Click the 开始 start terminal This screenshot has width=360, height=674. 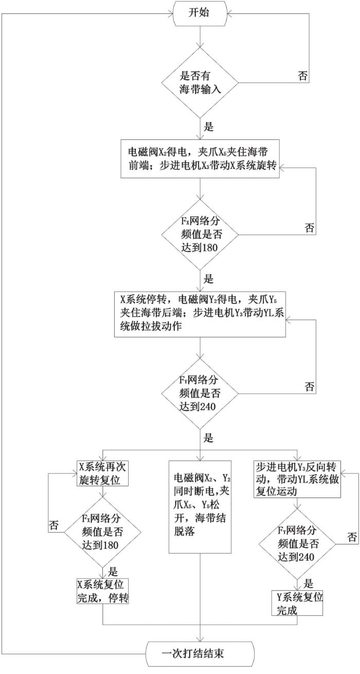[x=200, y=13]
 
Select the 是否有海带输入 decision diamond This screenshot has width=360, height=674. [x=200, y=82]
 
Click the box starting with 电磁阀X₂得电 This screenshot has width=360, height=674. [x=200, y=158]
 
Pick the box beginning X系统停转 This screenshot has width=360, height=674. [x=200, y=314]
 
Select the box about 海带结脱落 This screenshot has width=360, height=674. [x=200, y=507]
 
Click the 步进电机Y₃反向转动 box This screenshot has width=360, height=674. [x=297, y=479]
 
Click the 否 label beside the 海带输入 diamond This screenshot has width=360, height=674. [x=303, y=75]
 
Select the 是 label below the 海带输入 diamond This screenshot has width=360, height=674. [x=208, y=127]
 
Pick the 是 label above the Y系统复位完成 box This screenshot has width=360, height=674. [x=308, y=584]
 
